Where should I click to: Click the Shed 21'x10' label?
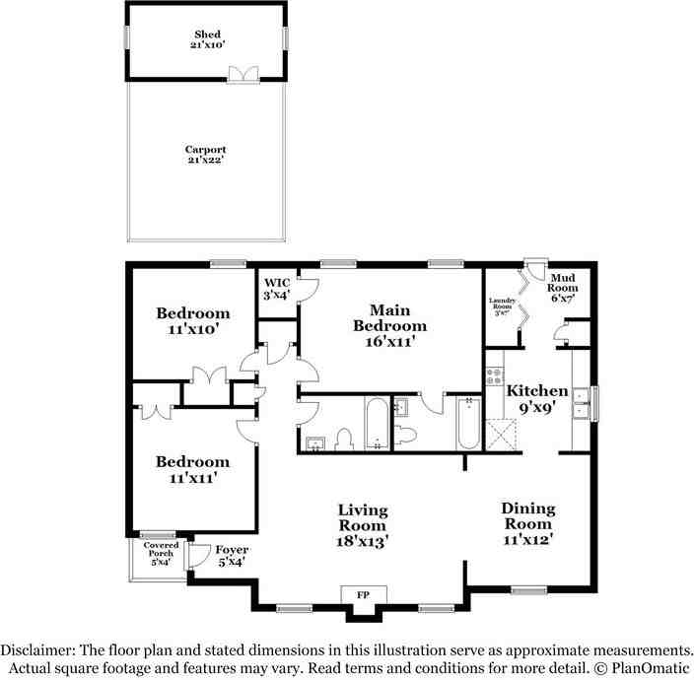coord(207,39)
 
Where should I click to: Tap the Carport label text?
coord(205,156)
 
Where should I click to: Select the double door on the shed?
coord(243,75)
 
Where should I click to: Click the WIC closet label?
coord(276,288)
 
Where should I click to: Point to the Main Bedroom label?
coord(390,325)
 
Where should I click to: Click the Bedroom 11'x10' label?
coord(193,321)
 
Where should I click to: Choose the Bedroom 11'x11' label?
coord(193,469)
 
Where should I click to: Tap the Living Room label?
coord(363,524)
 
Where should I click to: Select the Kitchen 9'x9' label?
coord(537,398)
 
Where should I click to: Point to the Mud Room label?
coord(563,288)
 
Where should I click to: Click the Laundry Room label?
coord(503,306)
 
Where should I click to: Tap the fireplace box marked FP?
coord(364,595)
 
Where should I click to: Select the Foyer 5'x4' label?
coord(232,556)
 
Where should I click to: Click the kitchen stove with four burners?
coord(495,375)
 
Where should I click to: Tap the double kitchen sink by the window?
coord(584,404)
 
